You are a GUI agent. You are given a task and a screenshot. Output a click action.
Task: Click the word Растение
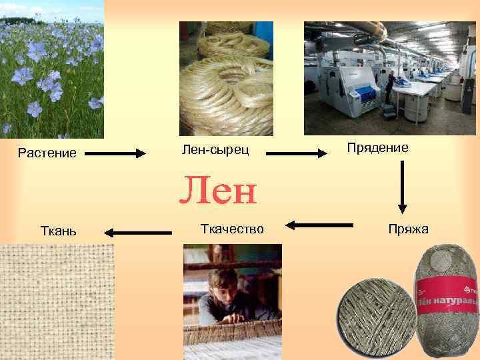click(47, 153)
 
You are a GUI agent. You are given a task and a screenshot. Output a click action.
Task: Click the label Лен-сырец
click(215, 150)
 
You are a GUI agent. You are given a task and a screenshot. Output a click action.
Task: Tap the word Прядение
click(377, 147)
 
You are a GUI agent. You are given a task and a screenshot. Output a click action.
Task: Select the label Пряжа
click(409, 230)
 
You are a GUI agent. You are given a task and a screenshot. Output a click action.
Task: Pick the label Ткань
click(59, 231)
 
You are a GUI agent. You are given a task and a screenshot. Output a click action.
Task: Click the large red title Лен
click(217, 191)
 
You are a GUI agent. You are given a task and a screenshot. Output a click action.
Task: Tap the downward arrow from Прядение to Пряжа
click(402, 187)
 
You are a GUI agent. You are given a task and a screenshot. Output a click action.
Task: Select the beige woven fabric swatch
click(57, 300)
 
